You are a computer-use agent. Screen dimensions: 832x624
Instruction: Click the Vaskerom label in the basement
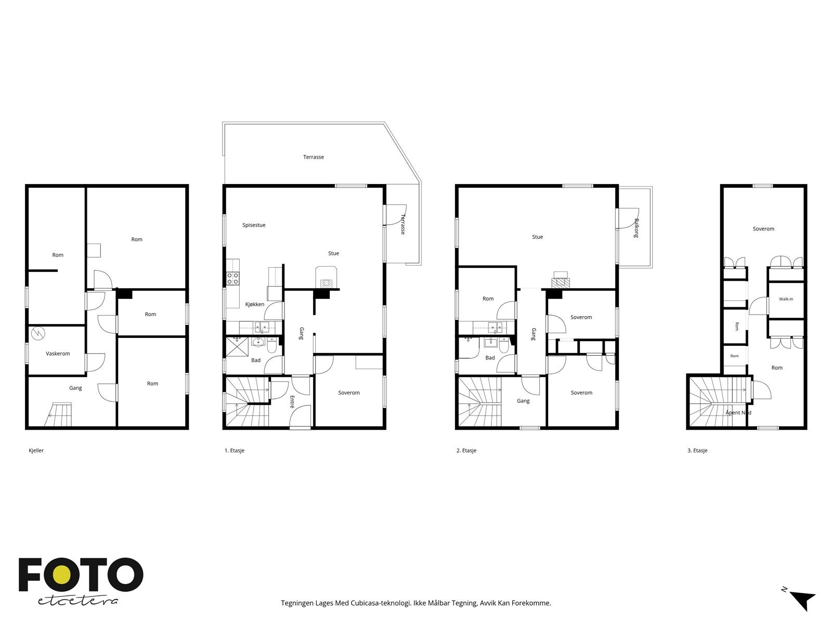[58, 354]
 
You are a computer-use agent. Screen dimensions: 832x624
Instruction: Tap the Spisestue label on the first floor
[254, 225]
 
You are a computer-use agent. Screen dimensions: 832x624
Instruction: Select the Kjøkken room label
[255, 304]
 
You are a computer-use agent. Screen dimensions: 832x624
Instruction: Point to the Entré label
[292, 401]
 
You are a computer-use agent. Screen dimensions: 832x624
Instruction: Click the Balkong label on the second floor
[636, 228]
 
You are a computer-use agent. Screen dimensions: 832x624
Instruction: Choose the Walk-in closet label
[786, 299]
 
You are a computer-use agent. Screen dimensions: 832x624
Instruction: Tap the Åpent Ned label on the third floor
[738, 412]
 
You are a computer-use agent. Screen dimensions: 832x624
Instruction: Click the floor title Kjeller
[36, 450]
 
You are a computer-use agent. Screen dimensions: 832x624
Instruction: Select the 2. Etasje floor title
[466, 450]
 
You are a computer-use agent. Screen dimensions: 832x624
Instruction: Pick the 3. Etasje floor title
[697, 450]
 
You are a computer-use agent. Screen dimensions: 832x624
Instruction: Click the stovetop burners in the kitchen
[233, 279]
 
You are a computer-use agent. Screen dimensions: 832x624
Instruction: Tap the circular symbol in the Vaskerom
[38, 333]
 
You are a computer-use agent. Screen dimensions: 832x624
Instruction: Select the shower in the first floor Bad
[237, 347]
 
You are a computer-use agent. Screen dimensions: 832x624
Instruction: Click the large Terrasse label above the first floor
[314, 157]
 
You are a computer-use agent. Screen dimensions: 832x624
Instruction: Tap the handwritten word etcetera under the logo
[77, 601]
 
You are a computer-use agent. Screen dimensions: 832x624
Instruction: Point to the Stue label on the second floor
[538, 237]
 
